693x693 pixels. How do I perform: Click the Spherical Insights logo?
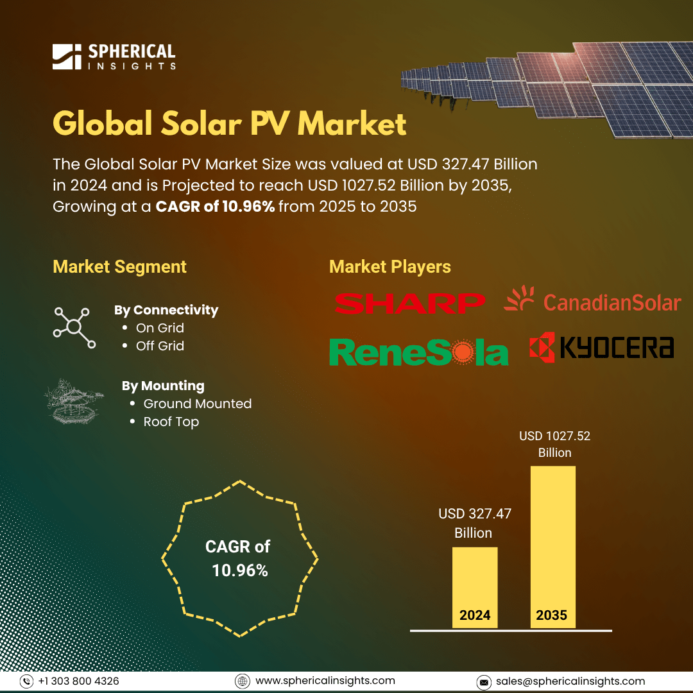[114, 56]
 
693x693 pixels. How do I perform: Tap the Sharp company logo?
[409, 304]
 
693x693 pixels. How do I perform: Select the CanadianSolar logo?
[592, 299]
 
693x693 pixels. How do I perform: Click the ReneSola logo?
[418, 352]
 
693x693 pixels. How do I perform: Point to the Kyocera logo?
[601, 347]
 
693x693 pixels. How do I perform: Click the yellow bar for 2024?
[475, 587]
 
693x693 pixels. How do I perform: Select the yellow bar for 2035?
[553, 547]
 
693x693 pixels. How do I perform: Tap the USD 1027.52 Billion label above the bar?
[554, 444]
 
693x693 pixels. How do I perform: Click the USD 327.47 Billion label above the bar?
[475, 523]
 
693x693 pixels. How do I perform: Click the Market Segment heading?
[119, 267]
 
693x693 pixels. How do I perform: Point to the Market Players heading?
[390, 267]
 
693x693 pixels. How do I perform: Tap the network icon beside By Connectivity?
[74, 327]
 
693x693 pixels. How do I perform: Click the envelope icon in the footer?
[484, 682]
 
